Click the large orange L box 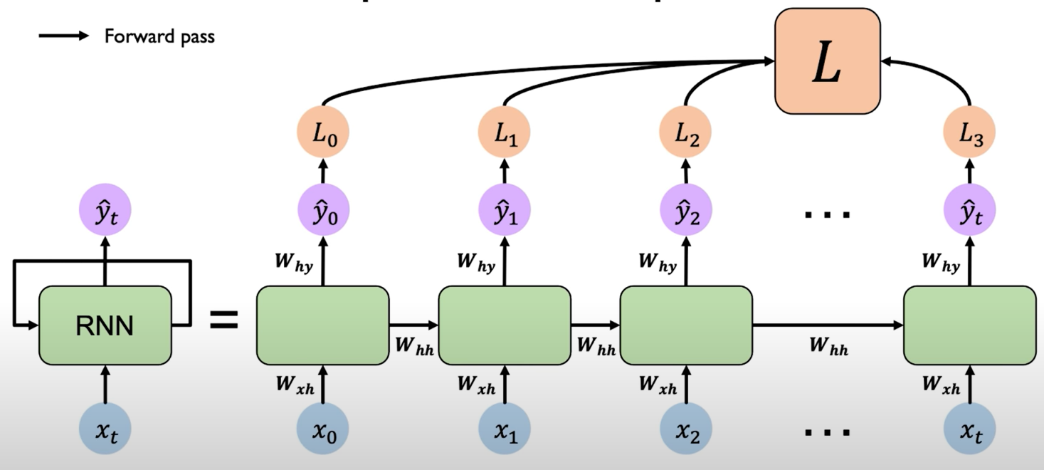(827, 61)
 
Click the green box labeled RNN (105, 325)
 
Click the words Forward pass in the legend (159, 36)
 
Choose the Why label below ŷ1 (477, 263)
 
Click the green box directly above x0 (322, 325)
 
